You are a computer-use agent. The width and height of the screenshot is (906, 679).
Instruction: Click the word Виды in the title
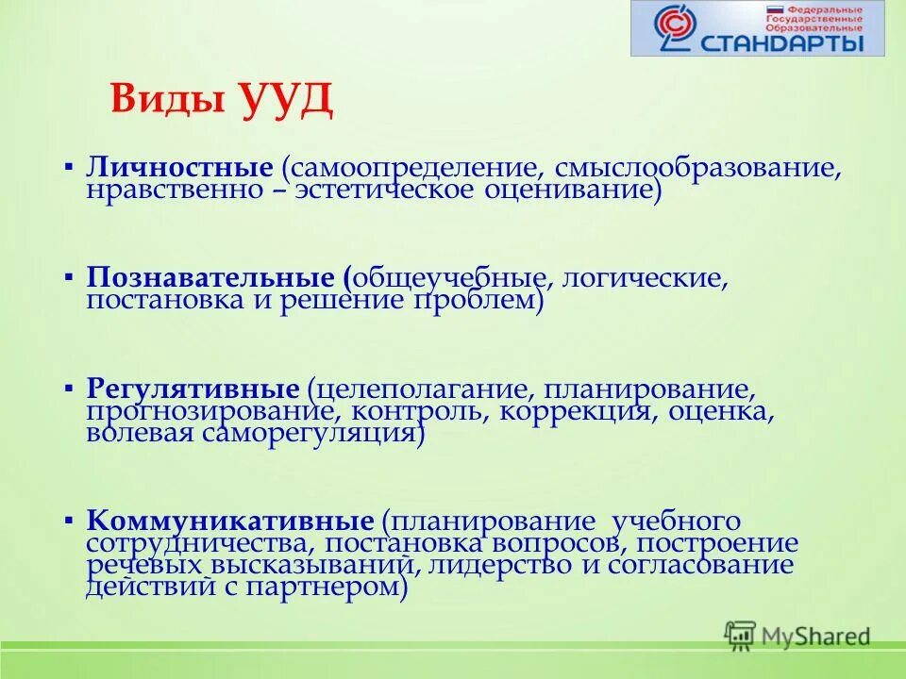(166, 99)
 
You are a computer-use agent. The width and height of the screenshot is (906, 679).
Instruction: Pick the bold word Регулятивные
(193, 389)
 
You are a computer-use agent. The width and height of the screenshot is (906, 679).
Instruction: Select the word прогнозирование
(216, 411)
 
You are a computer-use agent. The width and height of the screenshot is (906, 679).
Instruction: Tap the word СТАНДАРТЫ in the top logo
(782, 42)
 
